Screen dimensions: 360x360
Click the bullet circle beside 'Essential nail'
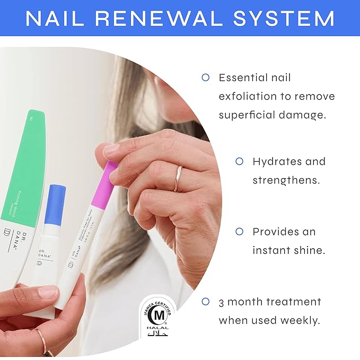[x=206, y=77]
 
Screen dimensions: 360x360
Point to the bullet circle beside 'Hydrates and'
[x=239, y=161]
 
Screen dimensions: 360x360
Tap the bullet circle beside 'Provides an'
[x=239, y=232]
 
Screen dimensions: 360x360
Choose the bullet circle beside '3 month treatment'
[x=206, y=302]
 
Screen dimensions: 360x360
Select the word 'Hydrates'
[x=275, y=161]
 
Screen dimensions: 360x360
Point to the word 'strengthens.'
[x=286, y=180]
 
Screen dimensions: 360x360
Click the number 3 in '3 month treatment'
[x=222, y=302]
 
